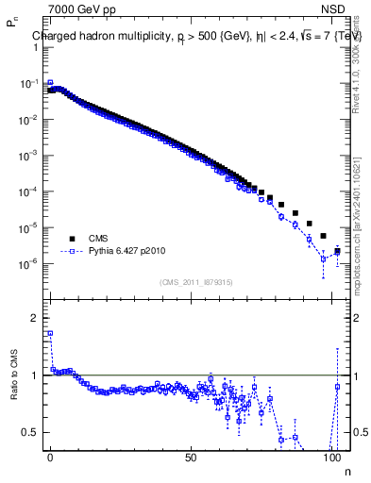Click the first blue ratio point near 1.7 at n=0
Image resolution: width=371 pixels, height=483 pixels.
[50, 333]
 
